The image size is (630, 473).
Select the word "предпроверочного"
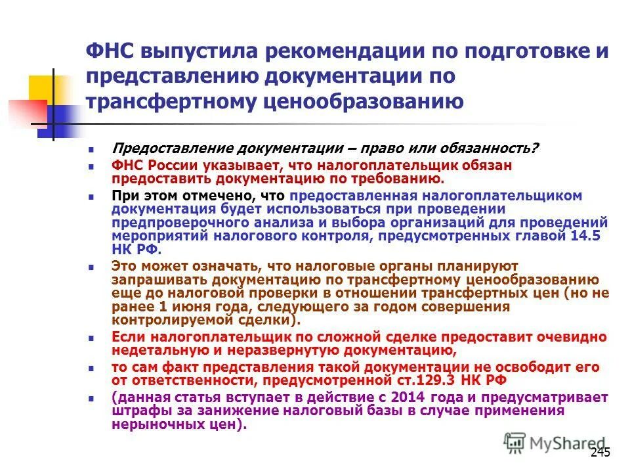pyautogui.click(x=173, y=222)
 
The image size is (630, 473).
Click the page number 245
pyautogui.click(x=600, y=452)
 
